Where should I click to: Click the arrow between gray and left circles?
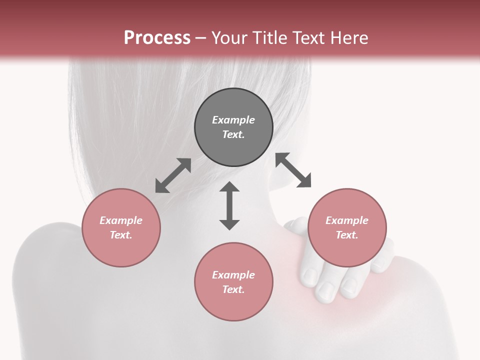[173, 175]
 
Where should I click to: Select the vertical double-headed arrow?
[229, 205]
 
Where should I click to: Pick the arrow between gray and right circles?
[293, 170]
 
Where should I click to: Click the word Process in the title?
[157, 37]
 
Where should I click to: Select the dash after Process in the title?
[200, 38]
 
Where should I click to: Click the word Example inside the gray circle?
[233, 120]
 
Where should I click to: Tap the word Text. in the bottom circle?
[233, 289]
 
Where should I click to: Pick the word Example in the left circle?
[121, 220]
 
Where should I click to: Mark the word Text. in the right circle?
[347, 235]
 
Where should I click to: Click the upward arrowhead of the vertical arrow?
[229, 187]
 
